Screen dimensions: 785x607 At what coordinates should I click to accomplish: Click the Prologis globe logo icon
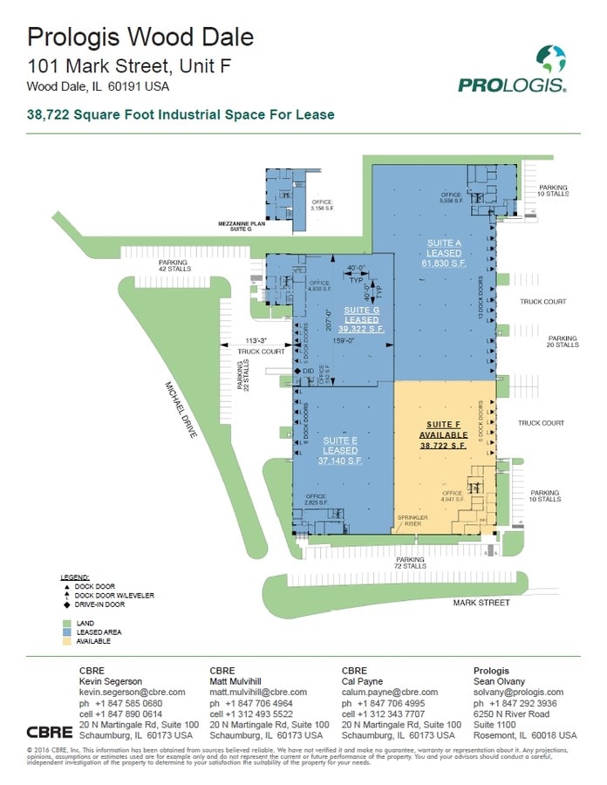point(550,60)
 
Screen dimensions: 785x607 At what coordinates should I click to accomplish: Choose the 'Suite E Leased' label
point(338,450)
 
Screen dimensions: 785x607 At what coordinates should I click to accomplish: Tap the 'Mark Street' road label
point(479,603)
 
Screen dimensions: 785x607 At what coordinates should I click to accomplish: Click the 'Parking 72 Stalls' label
point(410,563)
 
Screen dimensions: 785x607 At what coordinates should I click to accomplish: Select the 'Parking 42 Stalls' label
point(174,265)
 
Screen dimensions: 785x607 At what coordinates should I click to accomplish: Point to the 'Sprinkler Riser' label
point(411,520)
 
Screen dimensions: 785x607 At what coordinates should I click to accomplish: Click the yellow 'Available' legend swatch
point(66,641)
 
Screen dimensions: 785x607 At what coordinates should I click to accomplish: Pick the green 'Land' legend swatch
point(66,623)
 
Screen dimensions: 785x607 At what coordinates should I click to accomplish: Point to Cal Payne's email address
point(390,691)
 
